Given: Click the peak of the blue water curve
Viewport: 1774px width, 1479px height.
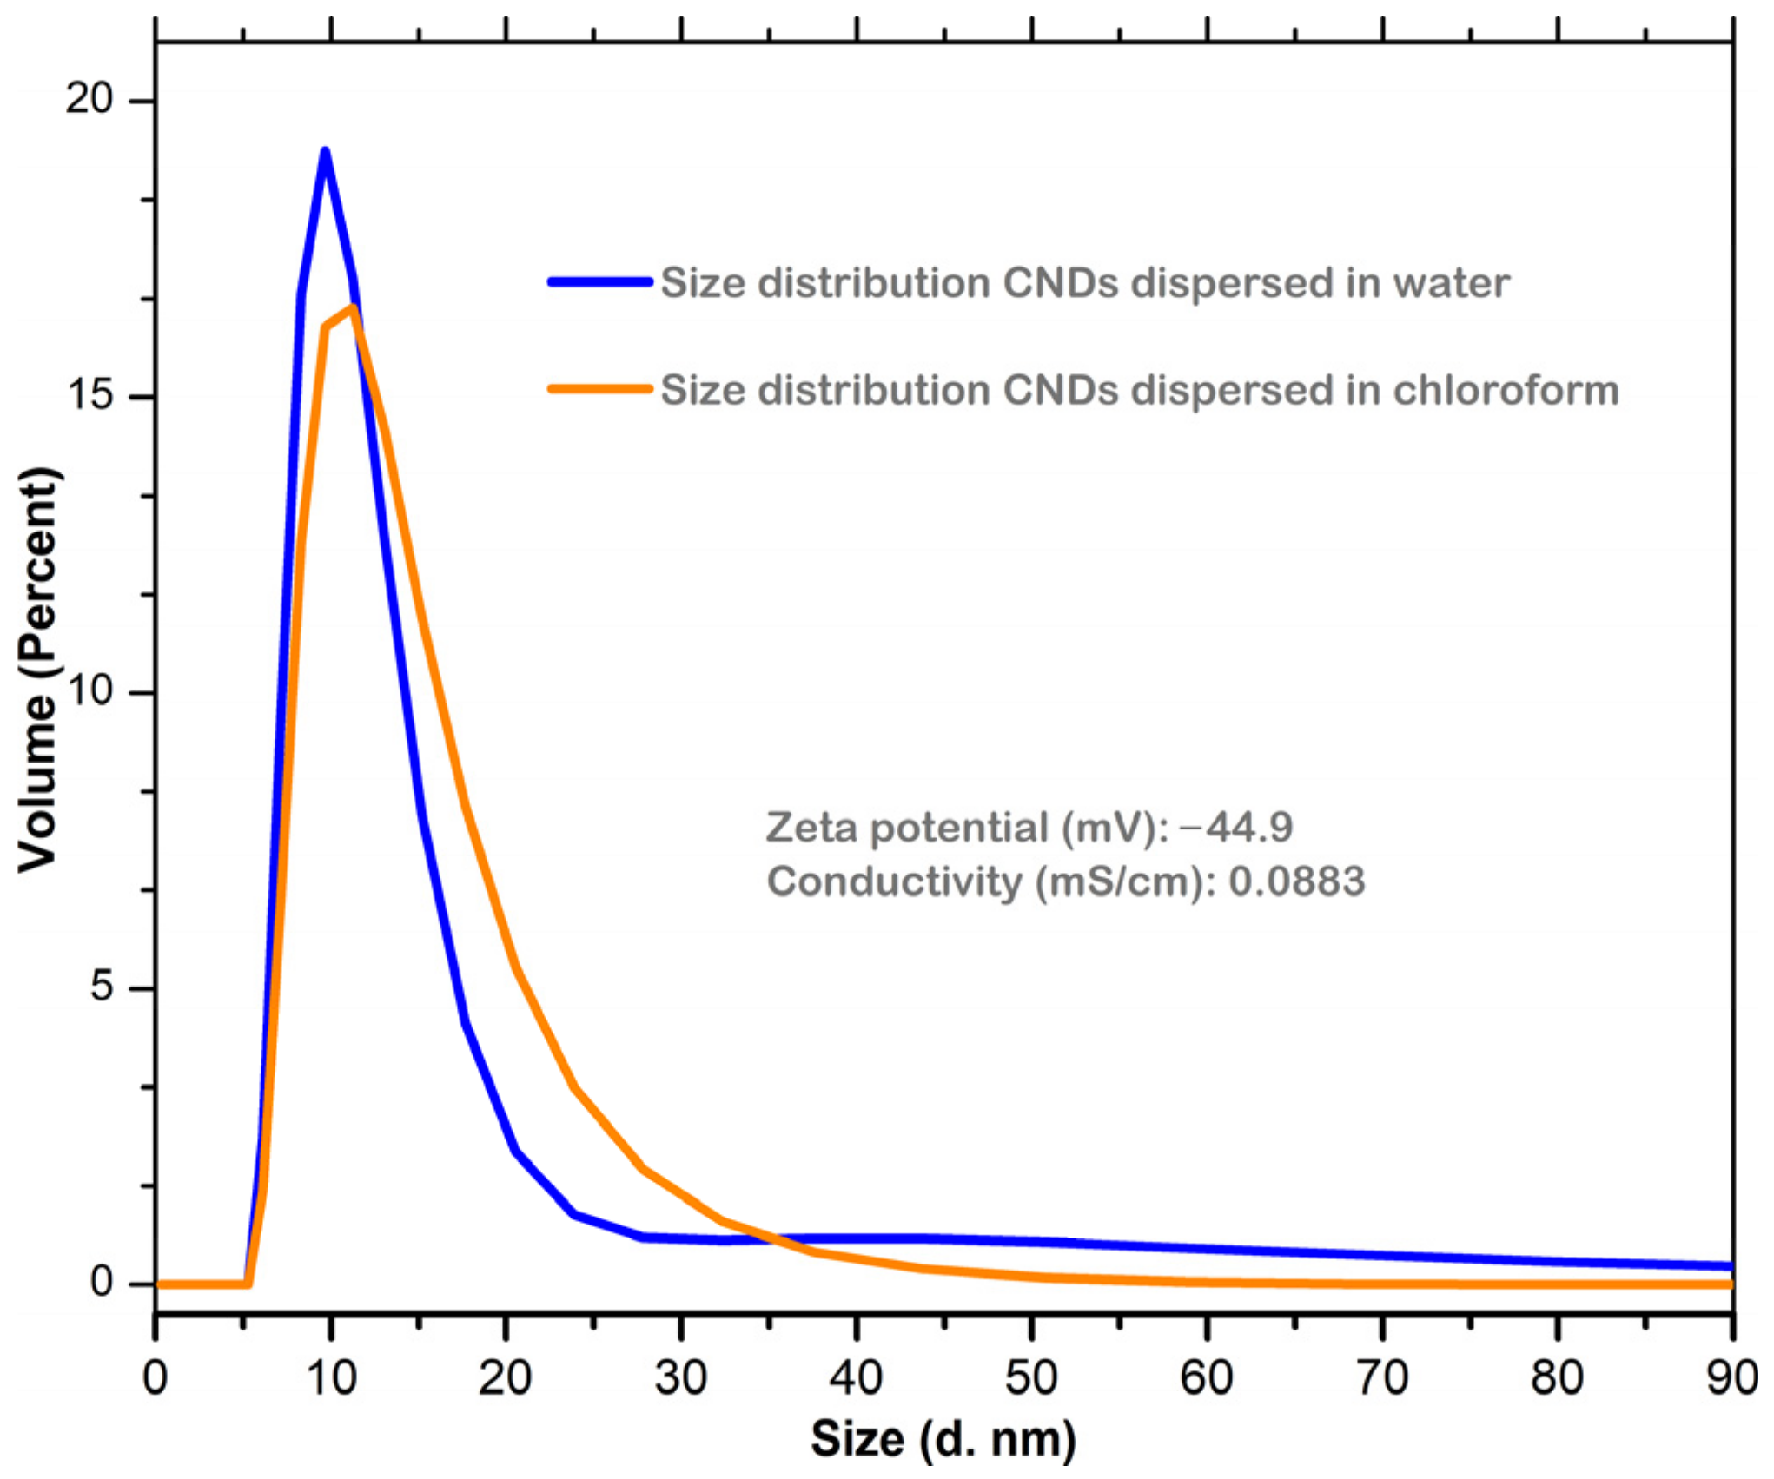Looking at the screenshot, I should [326, 153].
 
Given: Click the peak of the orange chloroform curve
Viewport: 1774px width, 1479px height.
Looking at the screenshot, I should [354, 309].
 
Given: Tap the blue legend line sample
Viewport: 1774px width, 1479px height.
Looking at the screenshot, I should [599, 282].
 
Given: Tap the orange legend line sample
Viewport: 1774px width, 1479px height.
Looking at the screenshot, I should [599, 390].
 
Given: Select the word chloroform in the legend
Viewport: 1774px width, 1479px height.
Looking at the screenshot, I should [1506, 390].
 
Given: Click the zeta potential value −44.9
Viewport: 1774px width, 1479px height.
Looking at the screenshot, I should [1236, 828].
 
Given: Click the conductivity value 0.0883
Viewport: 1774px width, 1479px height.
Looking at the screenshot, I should [1296, 882].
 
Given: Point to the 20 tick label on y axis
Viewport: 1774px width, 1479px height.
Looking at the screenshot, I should [89, 100].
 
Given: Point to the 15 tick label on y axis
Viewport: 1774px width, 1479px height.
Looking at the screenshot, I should [89, 396].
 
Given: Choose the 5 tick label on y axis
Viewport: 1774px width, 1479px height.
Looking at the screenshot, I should [102, 987].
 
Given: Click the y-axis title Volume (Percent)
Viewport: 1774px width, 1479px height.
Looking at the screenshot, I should [37, 670].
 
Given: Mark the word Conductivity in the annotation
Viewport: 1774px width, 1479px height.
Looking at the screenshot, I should [895, 882].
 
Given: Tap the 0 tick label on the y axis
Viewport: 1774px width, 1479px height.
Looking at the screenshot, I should [102, 1282].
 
